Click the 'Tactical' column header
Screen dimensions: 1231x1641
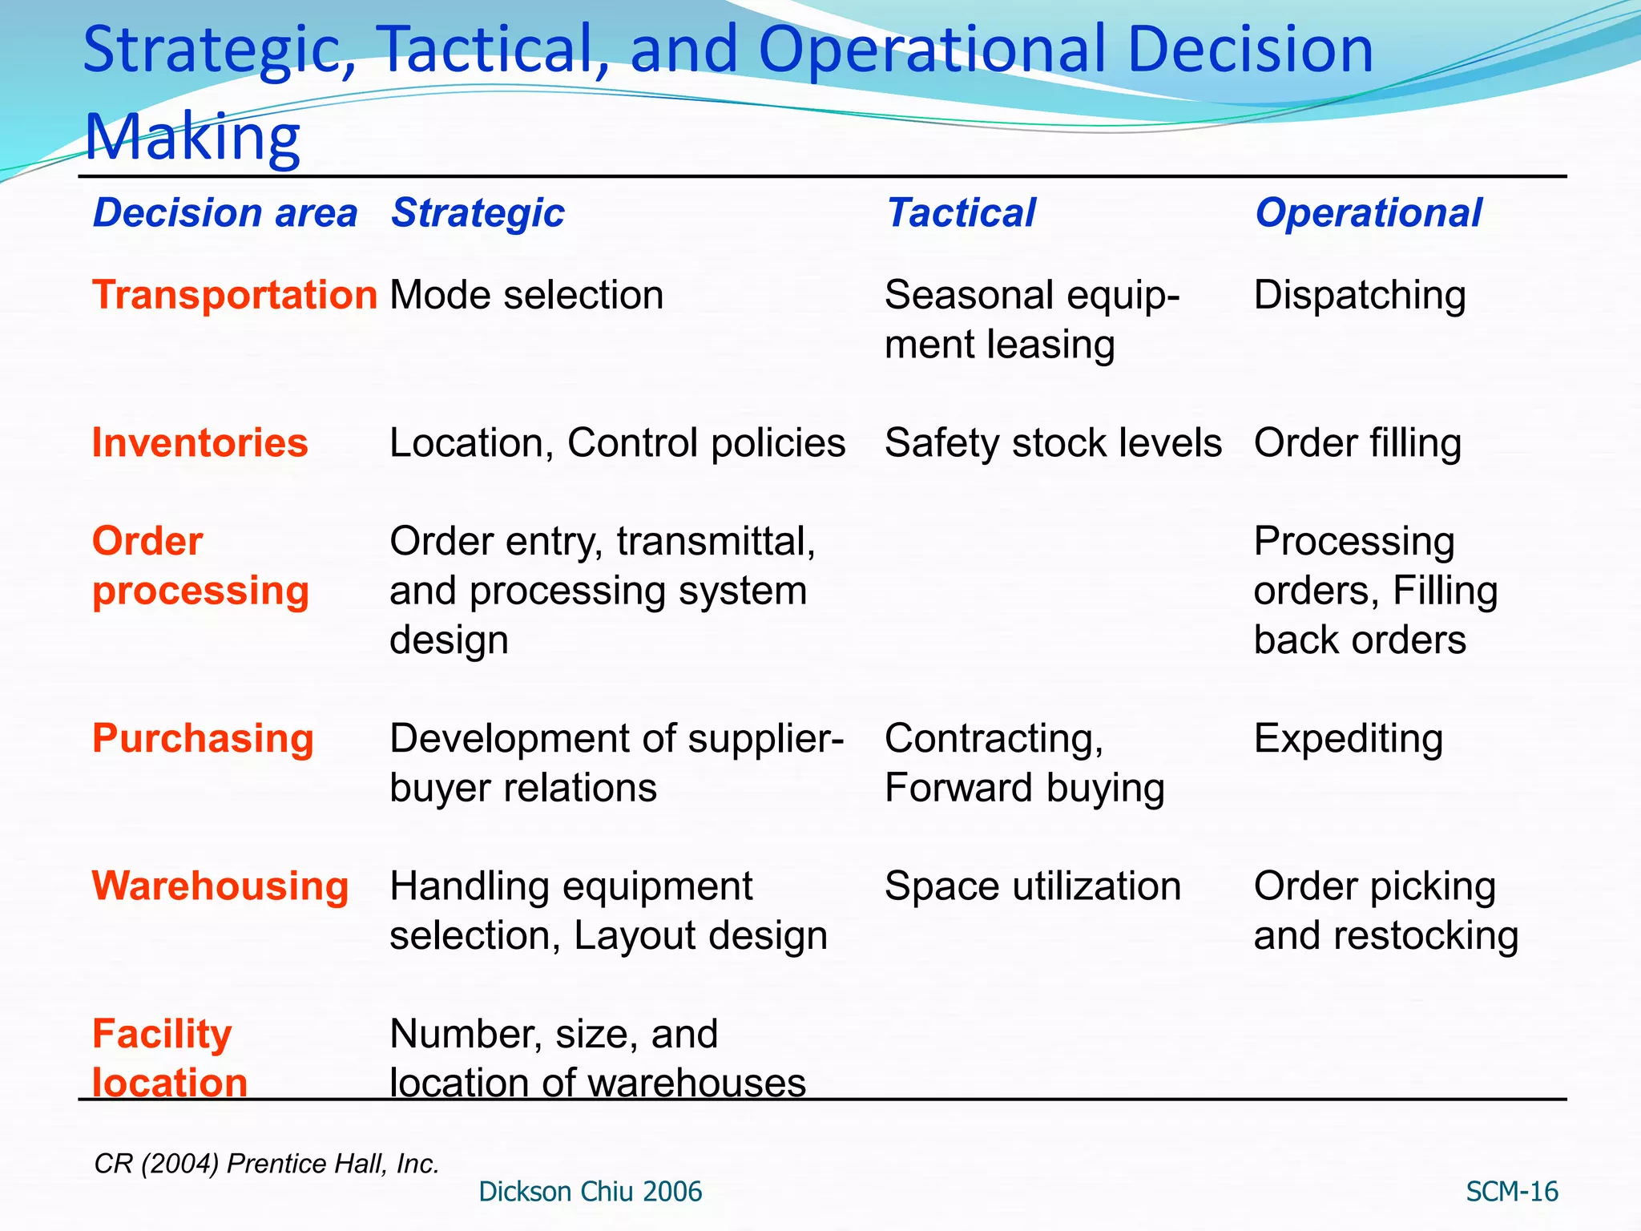(961, 213)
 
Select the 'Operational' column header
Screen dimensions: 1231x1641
(1369, 213)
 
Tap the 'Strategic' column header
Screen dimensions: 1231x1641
(478, 213)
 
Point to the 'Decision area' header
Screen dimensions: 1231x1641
(225, 213)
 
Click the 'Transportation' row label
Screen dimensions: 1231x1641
(235, 295)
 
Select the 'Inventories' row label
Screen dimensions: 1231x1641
(200, 443)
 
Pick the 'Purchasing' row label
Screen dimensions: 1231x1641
(203, 738)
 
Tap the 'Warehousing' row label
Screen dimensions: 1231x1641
(220, 886)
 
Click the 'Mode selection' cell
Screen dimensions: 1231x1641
(526, 295)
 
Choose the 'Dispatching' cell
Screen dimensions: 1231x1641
(1360, 295)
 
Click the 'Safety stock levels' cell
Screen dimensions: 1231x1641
(1053, 443)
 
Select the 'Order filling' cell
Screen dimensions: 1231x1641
(1357, 443)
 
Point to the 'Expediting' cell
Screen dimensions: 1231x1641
(1349, 738)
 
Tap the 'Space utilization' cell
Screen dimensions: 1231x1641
(1033, 886)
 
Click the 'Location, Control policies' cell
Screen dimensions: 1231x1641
(617, 443)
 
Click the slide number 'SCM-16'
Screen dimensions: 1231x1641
(1512, 1192)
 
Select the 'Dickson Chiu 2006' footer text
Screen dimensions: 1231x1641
(590, 1192)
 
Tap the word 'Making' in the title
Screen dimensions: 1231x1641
(192, 136)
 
